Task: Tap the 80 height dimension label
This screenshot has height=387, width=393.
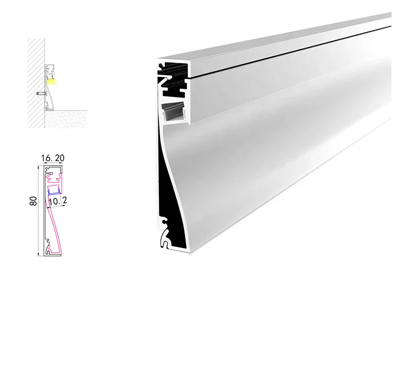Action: [x=33, y=201]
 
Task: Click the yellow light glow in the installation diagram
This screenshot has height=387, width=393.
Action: [x=52, y=81]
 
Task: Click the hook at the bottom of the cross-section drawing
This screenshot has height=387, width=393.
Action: [x=50, y=250]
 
